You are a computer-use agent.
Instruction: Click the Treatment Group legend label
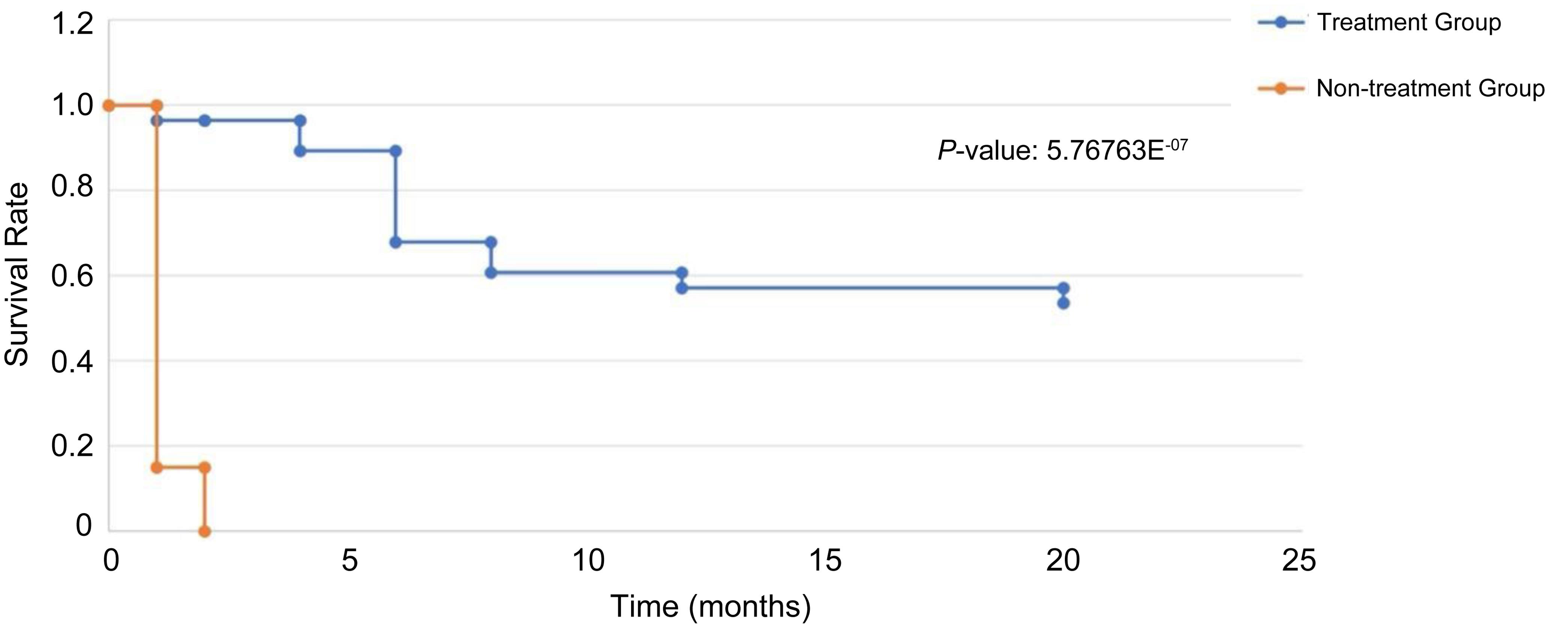tap(1409, 23)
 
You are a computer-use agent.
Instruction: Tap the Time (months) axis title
tap(711, 606)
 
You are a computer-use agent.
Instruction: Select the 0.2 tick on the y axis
tap(72, 447)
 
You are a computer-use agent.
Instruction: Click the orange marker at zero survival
tap(205, 531)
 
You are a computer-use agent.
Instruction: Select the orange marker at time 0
tap(109, 106)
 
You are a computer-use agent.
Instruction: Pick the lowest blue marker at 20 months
tap(1063, 303)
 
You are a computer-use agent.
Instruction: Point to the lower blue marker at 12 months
tap(682, 288)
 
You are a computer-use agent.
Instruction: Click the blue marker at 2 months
tap(205, 121)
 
